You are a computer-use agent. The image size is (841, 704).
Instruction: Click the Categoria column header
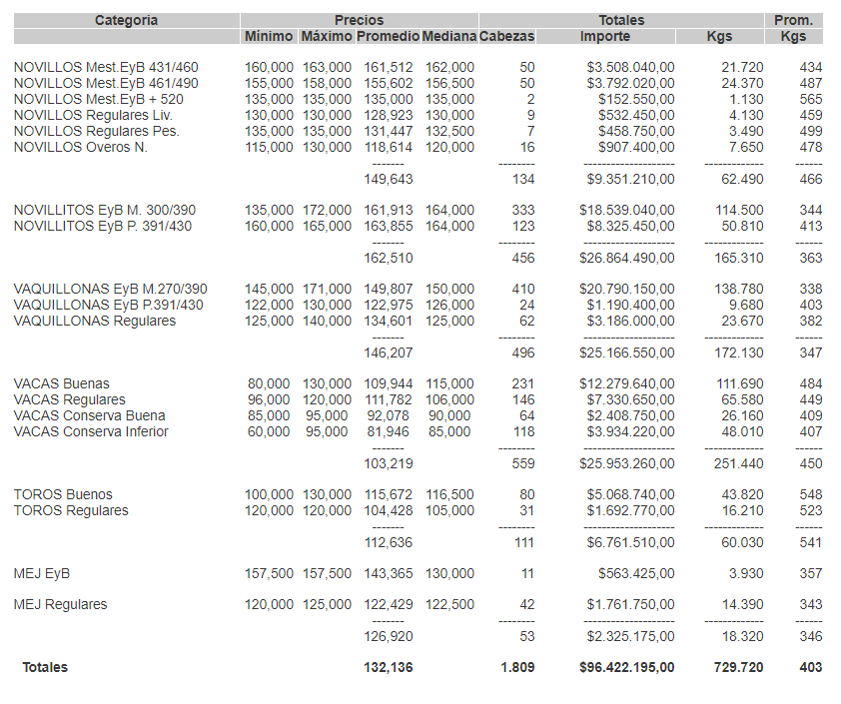[126, 20]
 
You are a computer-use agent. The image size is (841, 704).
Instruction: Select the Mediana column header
[448, 36]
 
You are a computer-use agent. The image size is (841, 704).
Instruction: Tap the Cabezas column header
[506, 36]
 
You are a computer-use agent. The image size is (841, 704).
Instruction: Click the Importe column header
[604, 36]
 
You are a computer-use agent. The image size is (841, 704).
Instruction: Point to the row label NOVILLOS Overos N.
[80, 147]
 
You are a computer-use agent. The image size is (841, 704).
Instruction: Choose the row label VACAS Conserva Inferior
[91, 431]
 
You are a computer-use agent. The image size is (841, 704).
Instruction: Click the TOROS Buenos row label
[63, 494]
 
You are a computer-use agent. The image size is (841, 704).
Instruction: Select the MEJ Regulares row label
[61, 604]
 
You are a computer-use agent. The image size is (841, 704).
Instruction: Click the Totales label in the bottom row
[45, 667]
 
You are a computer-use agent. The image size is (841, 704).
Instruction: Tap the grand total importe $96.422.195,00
[626, 667]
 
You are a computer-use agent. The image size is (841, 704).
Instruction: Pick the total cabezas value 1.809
[517, 667]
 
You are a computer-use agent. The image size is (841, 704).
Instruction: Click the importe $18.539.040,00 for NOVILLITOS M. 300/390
[626, 210]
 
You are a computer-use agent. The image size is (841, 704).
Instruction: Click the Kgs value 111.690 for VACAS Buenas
[741, 383]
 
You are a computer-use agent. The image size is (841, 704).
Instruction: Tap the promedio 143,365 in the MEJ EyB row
[388, 573]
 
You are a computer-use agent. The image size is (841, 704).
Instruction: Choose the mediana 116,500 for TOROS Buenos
[449, 494]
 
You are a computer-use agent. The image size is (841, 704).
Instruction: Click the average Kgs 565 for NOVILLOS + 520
[810, 99]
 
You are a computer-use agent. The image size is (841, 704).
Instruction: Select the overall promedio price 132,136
[388, 667]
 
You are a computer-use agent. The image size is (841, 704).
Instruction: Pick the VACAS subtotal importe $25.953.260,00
[626, 462]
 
